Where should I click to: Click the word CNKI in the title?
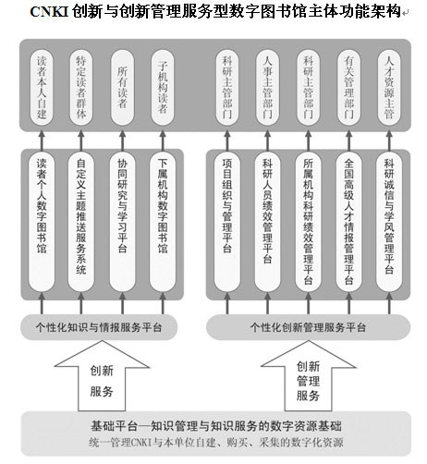click(49, 12)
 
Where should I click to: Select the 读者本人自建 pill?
click(42, 88)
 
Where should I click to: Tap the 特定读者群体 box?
click(81, 88)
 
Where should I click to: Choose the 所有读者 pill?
click(122, 88)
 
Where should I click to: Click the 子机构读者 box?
click(163, 88)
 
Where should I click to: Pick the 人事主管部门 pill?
click(267, 88)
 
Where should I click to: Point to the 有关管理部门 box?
click(348, 88)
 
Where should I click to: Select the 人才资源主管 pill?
click(389, 88)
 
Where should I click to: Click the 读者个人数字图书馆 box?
click(42, 222)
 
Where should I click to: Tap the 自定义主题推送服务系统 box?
click(81, 222)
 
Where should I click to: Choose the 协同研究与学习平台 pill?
click(122, 222)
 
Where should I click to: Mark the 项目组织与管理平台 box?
click(227, 222)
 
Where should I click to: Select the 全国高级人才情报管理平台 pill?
click(348, 222)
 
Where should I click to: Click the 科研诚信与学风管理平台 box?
click(389, 222)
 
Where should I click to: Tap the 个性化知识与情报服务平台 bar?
click(99, 327)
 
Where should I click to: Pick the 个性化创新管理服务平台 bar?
click(308, 327)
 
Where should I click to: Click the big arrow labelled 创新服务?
click(102, 376)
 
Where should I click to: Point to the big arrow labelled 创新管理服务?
click(309, 376)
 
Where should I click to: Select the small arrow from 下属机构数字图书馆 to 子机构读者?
click(163, 140)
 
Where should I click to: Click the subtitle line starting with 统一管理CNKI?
click(216, 443)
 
